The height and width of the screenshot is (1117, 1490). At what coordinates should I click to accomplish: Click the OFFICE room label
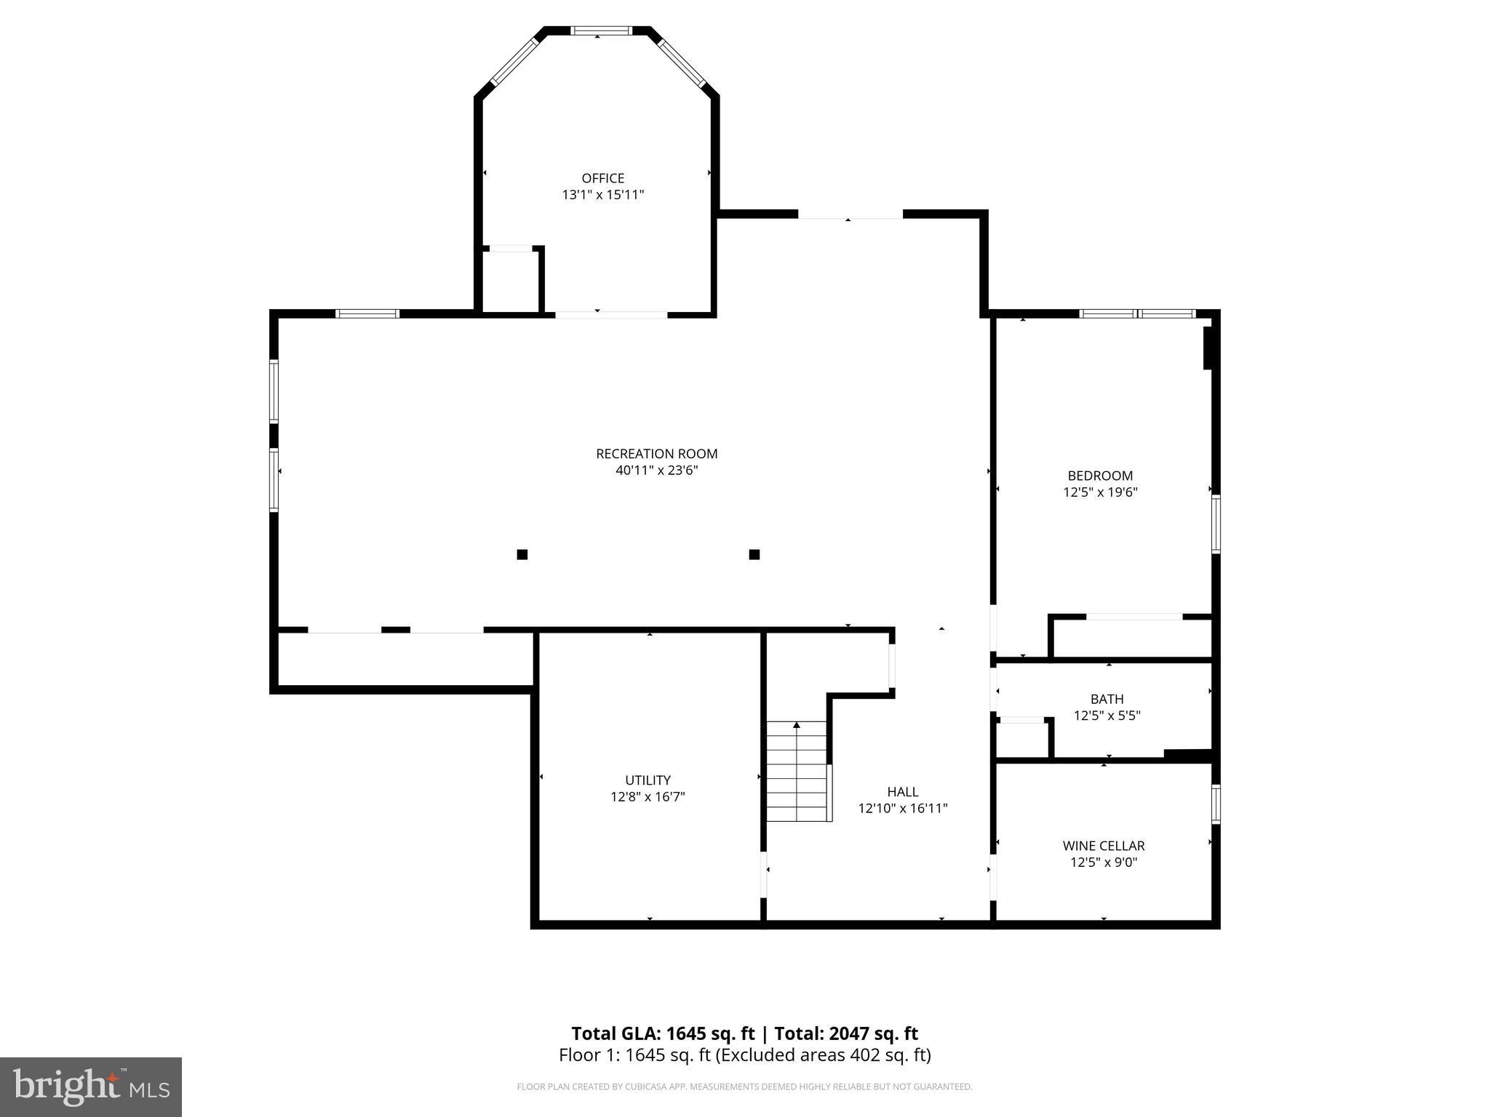pyautogui.click(x=602, y=178)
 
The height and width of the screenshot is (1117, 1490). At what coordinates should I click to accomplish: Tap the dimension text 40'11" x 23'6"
pyautogui.click(x=656, y=471)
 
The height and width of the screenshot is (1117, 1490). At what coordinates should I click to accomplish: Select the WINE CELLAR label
pyautogui.click(x=1103, y=846)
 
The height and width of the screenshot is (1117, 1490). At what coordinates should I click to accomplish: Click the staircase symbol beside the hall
pyautogui.click(x=797, y=771)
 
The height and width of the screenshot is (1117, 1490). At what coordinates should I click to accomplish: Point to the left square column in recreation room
pyautogui.click(x=522, y=555)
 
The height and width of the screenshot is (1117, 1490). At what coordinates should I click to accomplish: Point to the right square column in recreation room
pyautogui.click(x=754, y=555)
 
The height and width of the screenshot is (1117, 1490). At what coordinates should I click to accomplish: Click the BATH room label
pyautogui.click(x=1107, y=699)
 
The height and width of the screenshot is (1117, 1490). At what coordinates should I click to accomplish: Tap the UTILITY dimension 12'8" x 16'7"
pyautogui.click(x=648, y=797)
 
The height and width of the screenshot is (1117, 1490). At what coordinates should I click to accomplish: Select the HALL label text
pyautogui.click(x=902, y=792)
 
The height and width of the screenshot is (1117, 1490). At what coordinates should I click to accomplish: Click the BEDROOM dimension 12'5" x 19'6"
pyautogui.click(x=1100, y=492)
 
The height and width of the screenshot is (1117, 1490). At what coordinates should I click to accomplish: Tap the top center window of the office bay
pyautogui.click(x=601, y=31)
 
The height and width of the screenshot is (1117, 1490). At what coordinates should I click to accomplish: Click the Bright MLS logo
pyautogui.click(x=91, y=1086)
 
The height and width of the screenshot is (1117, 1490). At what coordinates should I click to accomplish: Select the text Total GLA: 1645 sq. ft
pyautogui.click(x=662, y=1033)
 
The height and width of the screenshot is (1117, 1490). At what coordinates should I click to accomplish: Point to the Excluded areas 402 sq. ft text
pyautogui.click(x=823, y=1055)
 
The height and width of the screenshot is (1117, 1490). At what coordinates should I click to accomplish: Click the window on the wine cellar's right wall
pyautogui.click(x=1215, y=804)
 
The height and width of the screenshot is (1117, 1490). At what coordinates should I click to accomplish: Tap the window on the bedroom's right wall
pyautogui.click(x=1215, y=524)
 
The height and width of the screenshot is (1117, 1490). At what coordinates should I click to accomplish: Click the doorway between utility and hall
pyautogui.click(x=764, y=874)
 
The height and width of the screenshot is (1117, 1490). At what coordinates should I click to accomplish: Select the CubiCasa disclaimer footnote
pyautogui.click(x=744, y=1087)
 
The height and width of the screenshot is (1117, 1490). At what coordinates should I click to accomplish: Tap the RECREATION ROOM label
pyautogui.click(x=656, y=454)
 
